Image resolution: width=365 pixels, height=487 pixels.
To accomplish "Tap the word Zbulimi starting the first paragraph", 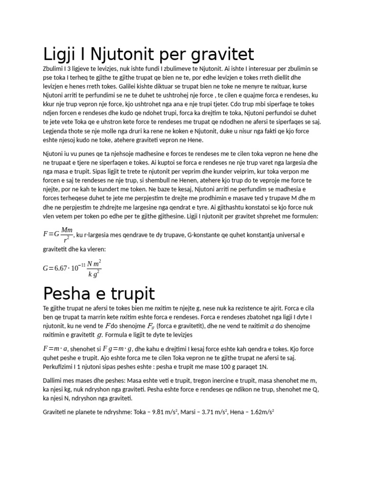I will [x=53, y=68].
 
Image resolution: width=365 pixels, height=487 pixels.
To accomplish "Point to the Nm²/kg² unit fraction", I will [x=94, y=268].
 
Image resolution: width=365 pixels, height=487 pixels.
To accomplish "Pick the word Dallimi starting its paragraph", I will [x=53, y=381].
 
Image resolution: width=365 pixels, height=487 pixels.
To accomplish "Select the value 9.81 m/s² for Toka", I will [x=161, y=412].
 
